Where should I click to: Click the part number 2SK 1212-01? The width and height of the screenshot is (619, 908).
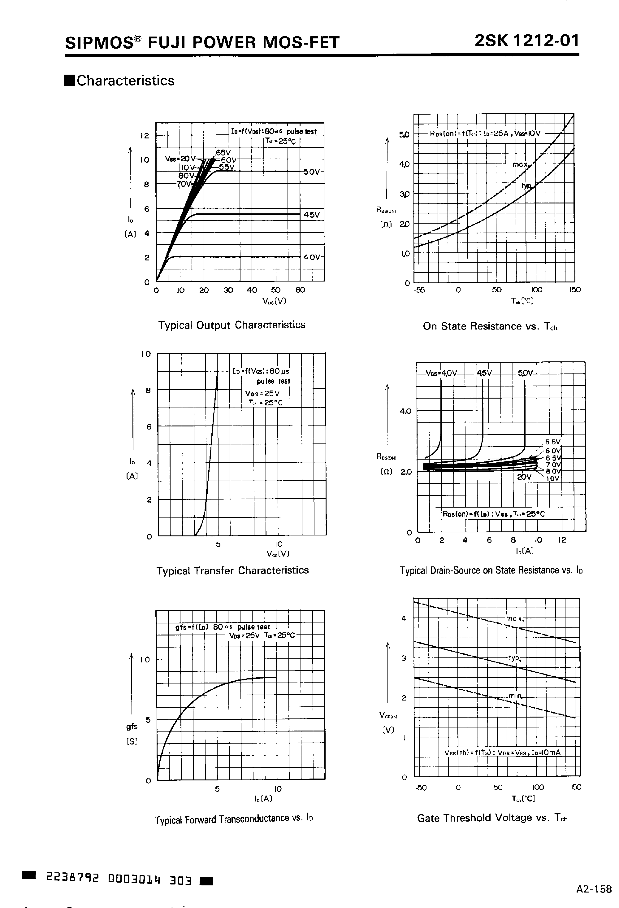click(x=526, y=41)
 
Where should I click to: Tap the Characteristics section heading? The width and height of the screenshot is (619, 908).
click(x=125, y=81)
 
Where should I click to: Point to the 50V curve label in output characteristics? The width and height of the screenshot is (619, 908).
click(x=311, y=172)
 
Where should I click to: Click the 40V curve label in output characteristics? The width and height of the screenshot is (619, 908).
click(x=312, y=257)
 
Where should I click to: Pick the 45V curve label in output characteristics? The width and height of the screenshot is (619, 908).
click(x=312, y=215)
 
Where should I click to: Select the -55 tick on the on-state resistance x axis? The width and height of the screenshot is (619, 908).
click(x=419, y=290)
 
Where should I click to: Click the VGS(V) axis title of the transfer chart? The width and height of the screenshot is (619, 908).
click(x=278, y=554)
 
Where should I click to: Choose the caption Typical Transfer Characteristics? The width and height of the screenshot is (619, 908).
click(x=232, y=570)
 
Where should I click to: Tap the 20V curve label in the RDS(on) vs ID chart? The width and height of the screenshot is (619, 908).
click(x=524, y=477)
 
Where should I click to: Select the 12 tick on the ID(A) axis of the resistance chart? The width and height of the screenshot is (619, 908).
click(x=562, y=540)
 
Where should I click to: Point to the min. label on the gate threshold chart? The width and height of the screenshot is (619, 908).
click(x=515, y=696)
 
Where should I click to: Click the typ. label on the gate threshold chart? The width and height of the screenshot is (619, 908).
click(x=514, y=658)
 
